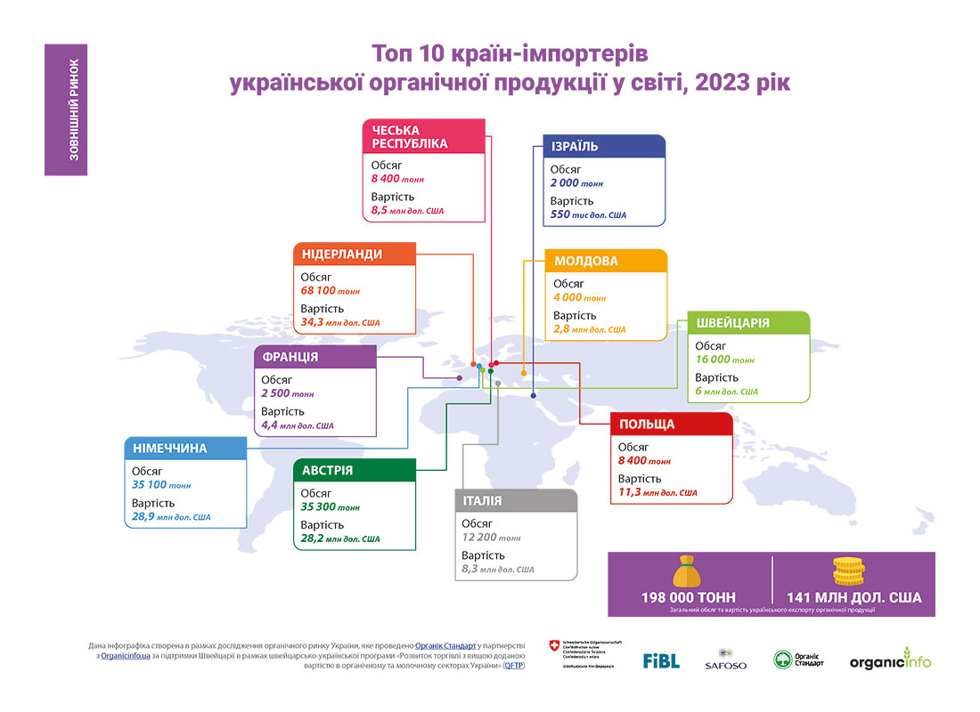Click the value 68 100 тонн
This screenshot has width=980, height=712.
330,291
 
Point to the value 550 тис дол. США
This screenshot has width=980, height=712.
588,215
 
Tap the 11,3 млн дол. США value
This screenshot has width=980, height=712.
657,492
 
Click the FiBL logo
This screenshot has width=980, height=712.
661,660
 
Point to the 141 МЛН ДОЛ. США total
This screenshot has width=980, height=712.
854,598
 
